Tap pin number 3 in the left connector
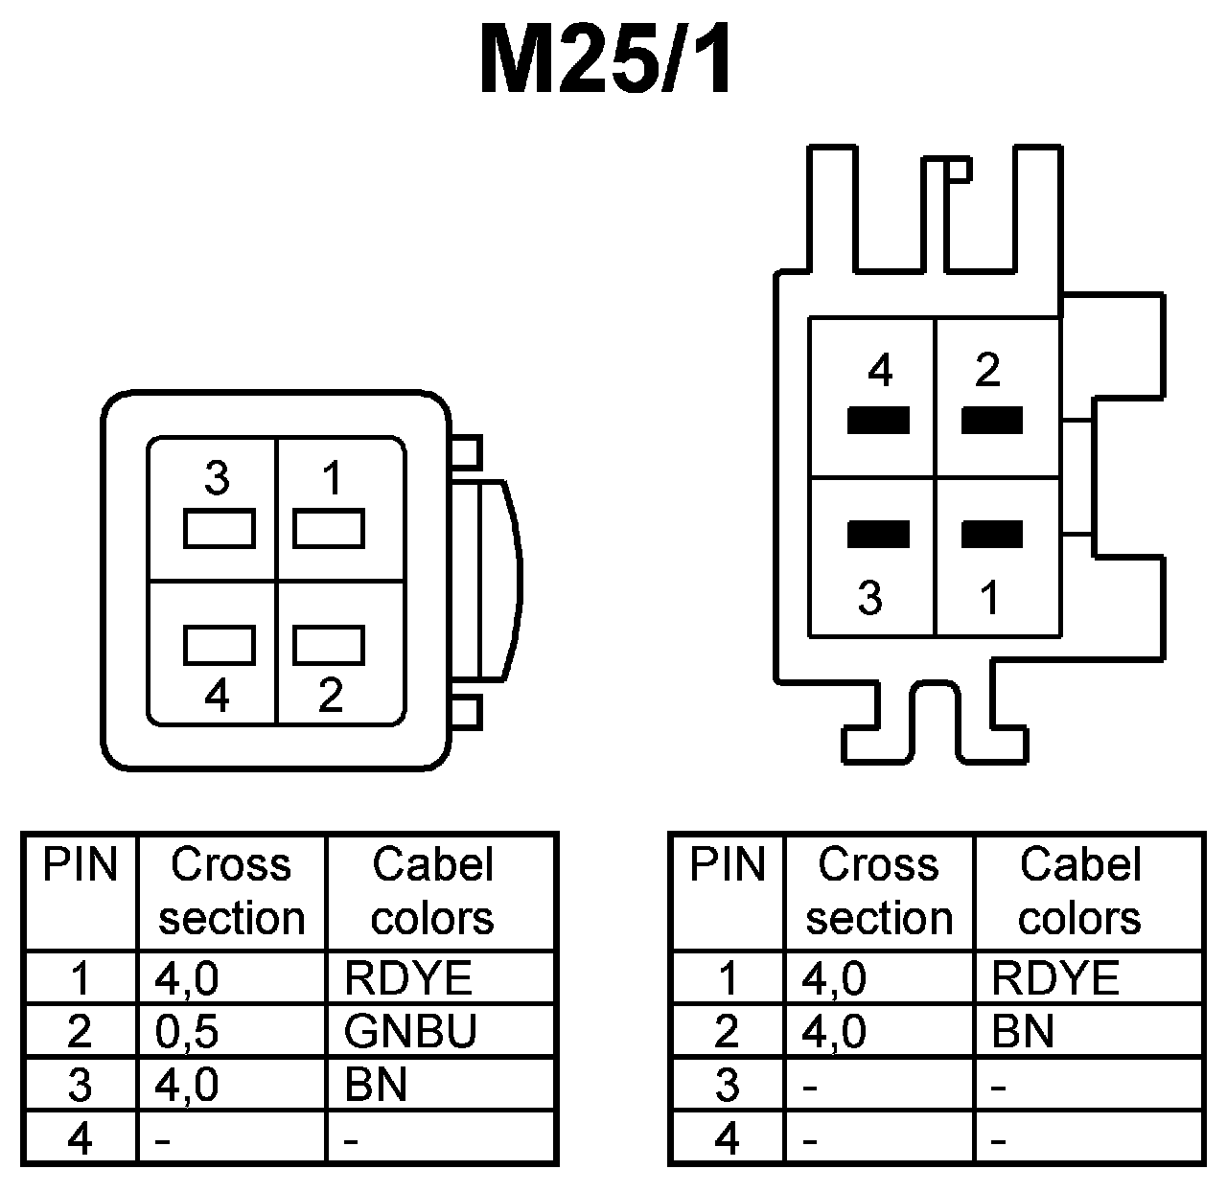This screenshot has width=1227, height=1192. pos(218,477)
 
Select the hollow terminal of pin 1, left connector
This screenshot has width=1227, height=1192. pos(328,529)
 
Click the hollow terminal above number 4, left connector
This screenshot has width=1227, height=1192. pos(220,645)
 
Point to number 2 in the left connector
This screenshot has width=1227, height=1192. pos(330,694)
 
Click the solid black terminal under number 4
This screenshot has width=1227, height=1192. pos(878,421)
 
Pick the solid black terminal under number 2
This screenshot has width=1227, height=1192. pos(992,421)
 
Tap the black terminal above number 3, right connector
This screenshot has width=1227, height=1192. pos(878,534)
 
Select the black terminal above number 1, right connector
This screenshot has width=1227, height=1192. pos(992,534)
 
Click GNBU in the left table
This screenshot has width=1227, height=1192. pos(410,1031)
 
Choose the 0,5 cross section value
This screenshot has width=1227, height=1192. pos(187,1031)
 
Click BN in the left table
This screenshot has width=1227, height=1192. pos(376,1085)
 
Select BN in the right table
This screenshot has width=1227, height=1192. pos(1023,1031)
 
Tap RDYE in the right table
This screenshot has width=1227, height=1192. pos(1055,978)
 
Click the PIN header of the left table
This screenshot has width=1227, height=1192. pos(81,865)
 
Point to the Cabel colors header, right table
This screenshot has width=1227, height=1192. pos(1080,891)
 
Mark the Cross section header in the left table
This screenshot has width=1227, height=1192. pos(231,891)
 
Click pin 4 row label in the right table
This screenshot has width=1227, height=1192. pos(728,1138)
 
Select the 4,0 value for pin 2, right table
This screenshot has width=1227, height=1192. pos(834,1031)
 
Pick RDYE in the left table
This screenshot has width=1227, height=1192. pos(408,978)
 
